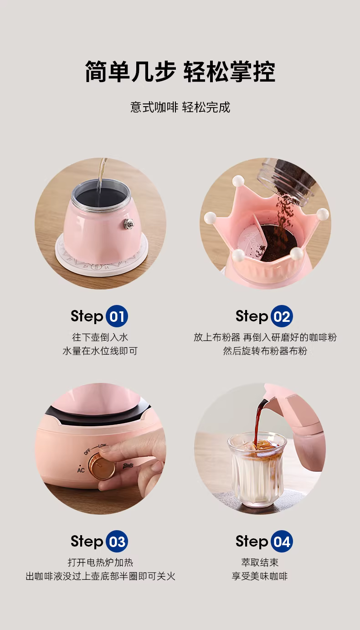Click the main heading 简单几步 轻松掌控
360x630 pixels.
(180, 72)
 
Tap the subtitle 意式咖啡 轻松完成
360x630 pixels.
(180, 107)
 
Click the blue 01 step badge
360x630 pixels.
(117, 316)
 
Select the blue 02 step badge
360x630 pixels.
(282, 316)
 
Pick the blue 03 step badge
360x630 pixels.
(117, 542)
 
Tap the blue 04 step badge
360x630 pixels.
(282, 542)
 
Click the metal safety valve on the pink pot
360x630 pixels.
(129, 224)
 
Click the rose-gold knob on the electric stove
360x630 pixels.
(102, 466)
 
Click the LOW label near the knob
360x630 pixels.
(102, 446)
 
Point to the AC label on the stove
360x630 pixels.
(81, 470)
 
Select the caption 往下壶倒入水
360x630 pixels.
(100, 337)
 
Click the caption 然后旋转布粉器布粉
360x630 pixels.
(265, 351)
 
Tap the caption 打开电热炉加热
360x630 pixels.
(100, 563)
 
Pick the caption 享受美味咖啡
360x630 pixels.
(260, 576)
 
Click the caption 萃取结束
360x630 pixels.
(260, 563)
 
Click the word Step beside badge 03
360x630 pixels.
(87, 542)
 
